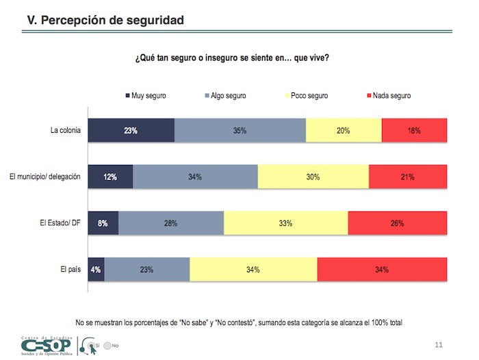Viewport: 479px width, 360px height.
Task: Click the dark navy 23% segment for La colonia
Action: pos(131,130)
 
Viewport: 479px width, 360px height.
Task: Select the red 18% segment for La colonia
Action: pos(414,130)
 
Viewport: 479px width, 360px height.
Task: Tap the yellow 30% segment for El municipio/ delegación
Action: pos(313,177)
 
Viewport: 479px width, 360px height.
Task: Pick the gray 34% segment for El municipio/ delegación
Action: pos(195,177)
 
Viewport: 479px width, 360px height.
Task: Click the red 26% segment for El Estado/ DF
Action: pos(397,223)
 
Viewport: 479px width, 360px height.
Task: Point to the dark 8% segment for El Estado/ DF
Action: pos(103,223)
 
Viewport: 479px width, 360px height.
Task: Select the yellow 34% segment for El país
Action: pos(253,270)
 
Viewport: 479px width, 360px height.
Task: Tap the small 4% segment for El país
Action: pos(96,270)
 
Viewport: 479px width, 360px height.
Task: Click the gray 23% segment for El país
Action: pos(147,270)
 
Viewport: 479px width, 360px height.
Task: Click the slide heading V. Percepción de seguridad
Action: pos(105,21)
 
